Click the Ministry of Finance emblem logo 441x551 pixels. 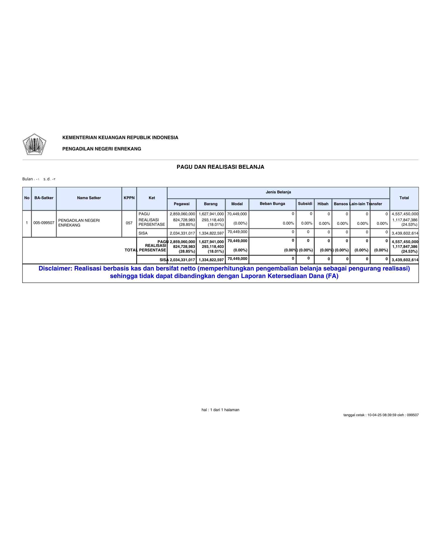coord(34,144)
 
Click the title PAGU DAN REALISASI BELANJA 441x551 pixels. coord(220,167)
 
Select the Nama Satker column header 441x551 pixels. coord(89,198)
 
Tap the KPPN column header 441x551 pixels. coord(129,198)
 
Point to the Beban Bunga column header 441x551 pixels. coord(272,204)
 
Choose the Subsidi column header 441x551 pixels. coord(305,204)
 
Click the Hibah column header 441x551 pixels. coord(323,204)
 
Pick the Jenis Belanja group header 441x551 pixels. coord(278,192)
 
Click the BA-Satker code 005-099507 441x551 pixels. coord(44,223)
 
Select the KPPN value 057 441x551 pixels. coord(129,223)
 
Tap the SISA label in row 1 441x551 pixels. coord(143,233)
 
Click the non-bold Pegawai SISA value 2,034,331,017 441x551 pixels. coord(182,233)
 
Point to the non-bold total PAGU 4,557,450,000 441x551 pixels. coord(405,214)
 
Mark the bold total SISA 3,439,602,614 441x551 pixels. coord(405,260)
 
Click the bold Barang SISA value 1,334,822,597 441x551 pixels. coord(211,260)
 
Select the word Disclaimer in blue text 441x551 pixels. coord(55,269)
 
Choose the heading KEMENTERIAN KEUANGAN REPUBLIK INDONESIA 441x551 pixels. coord(120,137)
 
